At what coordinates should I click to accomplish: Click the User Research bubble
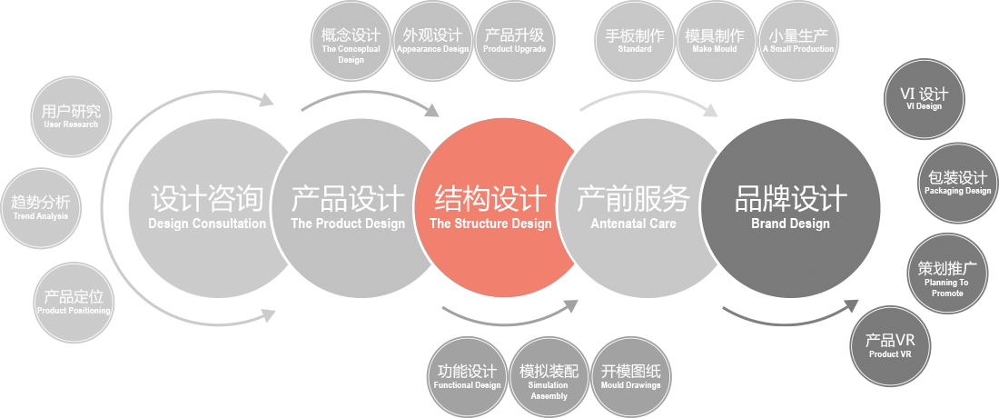coord(71,116)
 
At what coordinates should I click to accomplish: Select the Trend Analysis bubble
coord(40,207)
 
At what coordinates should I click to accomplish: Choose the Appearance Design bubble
coord(432,42)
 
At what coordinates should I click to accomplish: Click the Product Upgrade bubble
coord(514,42)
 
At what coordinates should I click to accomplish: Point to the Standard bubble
coord(634,42)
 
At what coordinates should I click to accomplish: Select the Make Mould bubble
coord(715,42)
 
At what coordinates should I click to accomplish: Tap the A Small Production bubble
coord(797,42)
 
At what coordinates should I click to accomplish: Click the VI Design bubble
coord(924,98)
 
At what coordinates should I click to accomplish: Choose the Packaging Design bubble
coord(957,183)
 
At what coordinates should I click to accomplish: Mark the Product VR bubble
coord(889,346)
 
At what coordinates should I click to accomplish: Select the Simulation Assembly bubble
coord(549,379)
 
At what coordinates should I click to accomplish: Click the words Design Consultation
coord(207,224)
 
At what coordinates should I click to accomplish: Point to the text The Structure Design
coord(490,224)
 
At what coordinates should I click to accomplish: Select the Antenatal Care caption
coord(633,224)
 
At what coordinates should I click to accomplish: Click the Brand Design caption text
coord(790,224)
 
